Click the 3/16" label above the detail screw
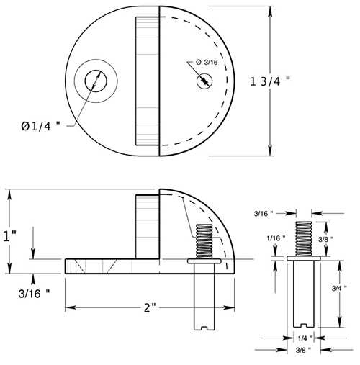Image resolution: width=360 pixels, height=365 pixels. click(x=264, y=213)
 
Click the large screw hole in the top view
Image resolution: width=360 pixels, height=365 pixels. click(x=94, y=81)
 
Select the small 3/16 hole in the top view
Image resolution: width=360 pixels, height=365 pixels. click(x=204, y=81)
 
